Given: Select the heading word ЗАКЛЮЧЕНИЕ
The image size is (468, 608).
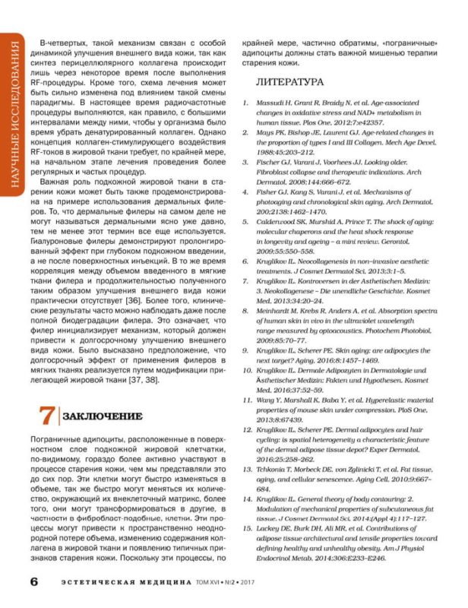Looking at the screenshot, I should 103,416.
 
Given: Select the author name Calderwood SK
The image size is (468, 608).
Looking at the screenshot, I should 289,221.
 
